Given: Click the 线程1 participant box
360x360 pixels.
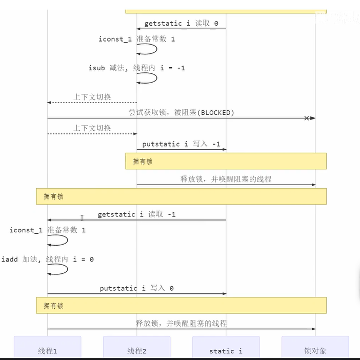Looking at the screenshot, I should (47, 351).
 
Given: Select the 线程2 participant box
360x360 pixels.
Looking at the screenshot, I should (136, 351).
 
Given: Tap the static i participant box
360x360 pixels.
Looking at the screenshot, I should (226, 351).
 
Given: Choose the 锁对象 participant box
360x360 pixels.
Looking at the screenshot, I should (315, 351).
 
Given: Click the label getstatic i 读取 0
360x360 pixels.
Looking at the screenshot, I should (181, 24).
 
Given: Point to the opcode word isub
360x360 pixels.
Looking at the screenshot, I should (96, 68).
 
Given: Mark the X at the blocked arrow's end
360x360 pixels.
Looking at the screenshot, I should (307, 118).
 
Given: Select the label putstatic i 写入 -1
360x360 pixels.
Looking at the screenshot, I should (181, 144).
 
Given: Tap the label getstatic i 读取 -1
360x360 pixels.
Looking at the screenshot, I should (136, 214).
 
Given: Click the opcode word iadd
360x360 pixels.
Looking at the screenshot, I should (9, 259).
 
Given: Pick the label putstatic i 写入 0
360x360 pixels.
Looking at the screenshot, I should (136, 288).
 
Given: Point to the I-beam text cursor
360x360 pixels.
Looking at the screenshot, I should (82, 218).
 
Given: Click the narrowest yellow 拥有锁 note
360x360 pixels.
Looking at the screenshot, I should (226, 161).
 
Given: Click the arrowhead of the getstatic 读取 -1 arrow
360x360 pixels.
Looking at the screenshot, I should (50, 220).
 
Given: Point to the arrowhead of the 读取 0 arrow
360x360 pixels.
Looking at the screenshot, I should (139, 29).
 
